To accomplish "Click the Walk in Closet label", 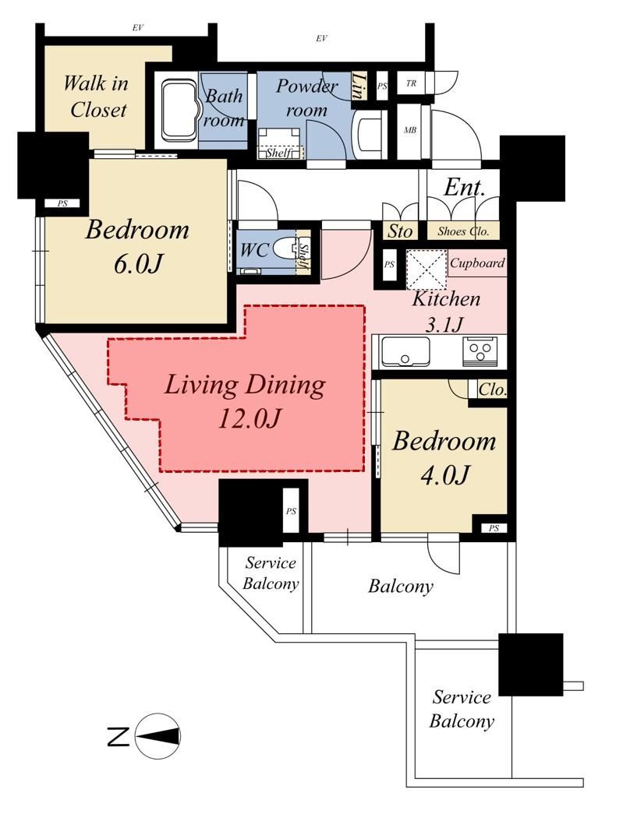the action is coord(96,97).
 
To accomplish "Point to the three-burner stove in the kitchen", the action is coord(480,351).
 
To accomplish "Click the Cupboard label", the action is coord(477,263).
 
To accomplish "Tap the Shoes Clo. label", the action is coord(463,231).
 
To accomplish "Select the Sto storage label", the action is coord(399,231).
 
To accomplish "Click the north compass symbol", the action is coord(158,737).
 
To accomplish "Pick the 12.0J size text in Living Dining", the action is coord(250,418).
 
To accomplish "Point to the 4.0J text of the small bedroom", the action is coord(444,474).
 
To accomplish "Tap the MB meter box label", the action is coord(410,130).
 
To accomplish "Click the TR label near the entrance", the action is coord(411,83).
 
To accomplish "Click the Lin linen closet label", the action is coord(358,86).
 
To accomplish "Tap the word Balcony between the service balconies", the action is coord(401,587).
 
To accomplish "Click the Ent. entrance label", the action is coord(464,188).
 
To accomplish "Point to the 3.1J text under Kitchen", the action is coord(444,325).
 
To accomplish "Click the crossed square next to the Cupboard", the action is coord(426,269).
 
